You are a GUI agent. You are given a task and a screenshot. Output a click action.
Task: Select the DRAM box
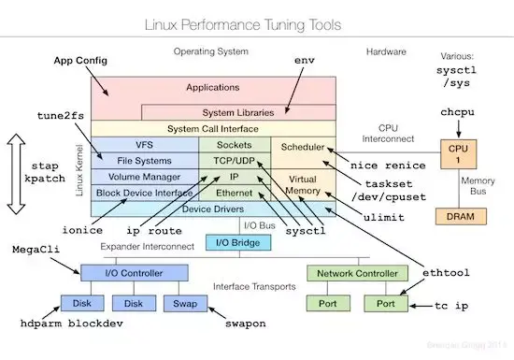[458, 216]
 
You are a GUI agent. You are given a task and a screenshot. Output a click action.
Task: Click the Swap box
[182, 304]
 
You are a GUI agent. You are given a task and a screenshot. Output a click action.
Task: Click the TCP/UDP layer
[234, 160]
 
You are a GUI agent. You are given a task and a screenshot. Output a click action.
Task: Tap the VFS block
[144, 146]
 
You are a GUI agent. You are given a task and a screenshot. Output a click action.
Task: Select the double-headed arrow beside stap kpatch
[17, 173]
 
